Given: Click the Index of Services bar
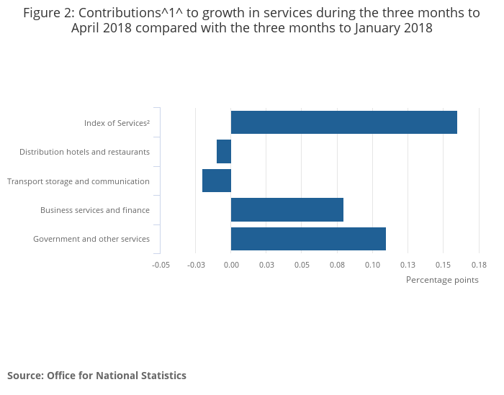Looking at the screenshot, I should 344,122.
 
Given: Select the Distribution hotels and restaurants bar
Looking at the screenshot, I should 224,152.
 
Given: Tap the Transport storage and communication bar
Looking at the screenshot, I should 217,181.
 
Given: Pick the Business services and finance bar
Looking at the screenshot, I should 287,210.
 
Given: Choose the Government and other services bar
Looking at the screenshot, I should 308,239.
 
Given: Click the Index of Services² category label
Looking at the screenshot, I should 117,123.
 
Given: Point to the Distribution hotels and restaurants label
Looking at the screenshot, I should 84,152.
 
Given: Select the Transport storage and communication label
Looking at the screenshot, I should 78,181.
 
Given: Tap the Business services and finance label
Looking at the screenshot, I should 95,210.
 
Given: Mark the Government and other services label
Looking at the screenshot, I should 91,239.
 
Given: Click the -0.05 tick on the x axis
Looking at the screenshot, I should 161,265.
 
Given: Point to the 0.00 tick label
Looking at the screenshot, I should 231,265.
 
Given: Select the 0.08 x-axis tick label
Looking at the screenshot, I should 337,265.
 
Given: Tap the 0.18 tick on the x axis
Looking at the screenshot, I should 478,265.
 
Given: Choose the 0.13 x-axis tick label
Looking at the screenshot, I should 408,265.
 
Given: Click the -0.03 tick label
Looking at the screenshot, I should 196,265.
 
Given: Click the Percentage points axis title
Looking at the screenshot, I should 442,280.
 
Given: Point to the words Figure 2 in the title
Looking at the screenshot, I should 49,13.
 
